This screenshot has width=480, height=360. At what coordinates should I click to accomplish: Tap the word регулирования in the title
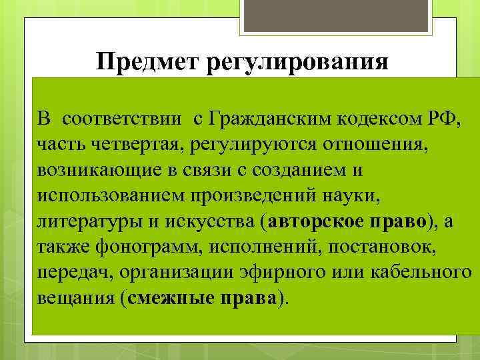(x=299, y=65)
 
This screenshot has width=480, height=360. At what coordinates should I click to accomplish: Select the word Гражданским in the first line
(x=265, y=119)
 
